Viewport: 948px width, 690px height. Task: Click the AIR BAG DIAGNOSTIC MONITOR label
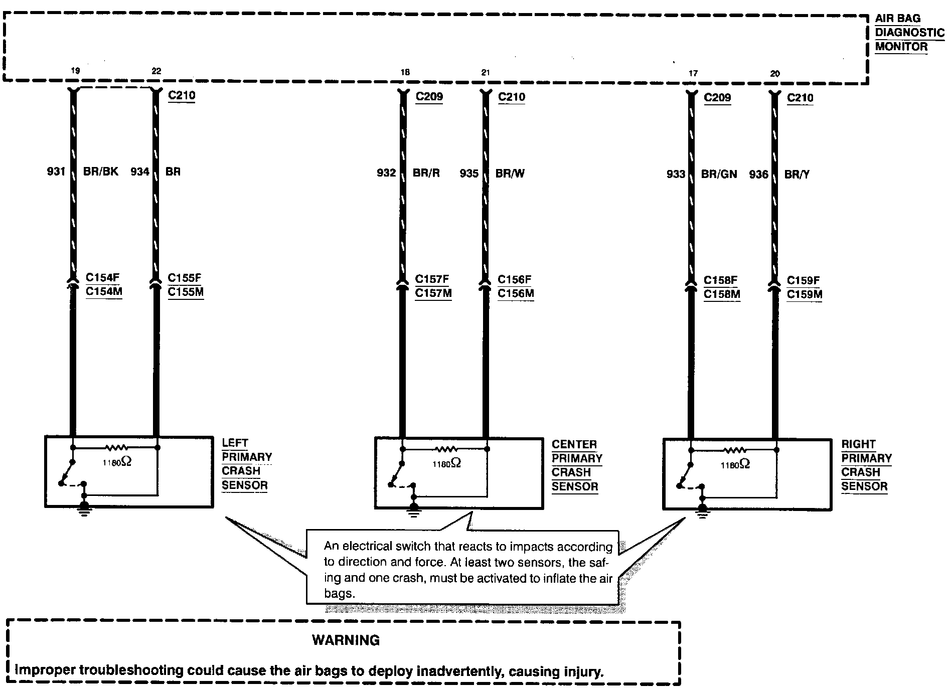coord(909,33)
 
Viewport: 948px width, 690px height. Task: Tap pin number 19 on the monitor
coord(75,71)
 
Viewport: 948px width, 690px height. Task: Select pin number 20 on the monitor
coord(775,73)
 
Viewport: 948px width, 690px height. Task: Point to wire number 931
coord(56,171)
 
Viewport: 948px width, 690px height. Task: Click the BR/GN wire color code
coord(719,174)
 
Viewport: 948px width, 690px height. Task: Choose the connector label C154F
coord(102,277)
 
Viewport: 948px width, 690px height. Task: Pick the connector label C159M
coord(804,294)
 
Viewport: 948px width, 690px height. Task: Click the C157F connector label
coord(432,279)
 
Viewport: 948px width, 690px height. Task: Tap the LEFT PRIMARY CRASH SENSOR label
coord(246,464)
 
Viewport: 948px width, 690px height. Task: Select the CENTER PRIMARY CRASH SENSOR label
coord(576,465)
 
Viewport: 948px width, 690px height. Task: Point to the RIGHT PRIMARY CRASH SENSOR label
coord(866,465)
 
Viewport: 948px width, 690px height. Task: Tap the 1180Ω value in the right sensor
coord(735,465)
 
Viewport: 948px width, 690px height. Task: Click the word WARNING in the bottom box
coord(346,640)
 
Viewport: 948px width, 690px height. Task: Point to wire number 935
coord(469,174)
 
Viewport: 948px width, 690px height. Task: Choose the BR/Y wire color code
coord(797,175)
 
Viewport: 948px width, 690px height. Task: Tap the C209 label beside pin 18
coord(429,96)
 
